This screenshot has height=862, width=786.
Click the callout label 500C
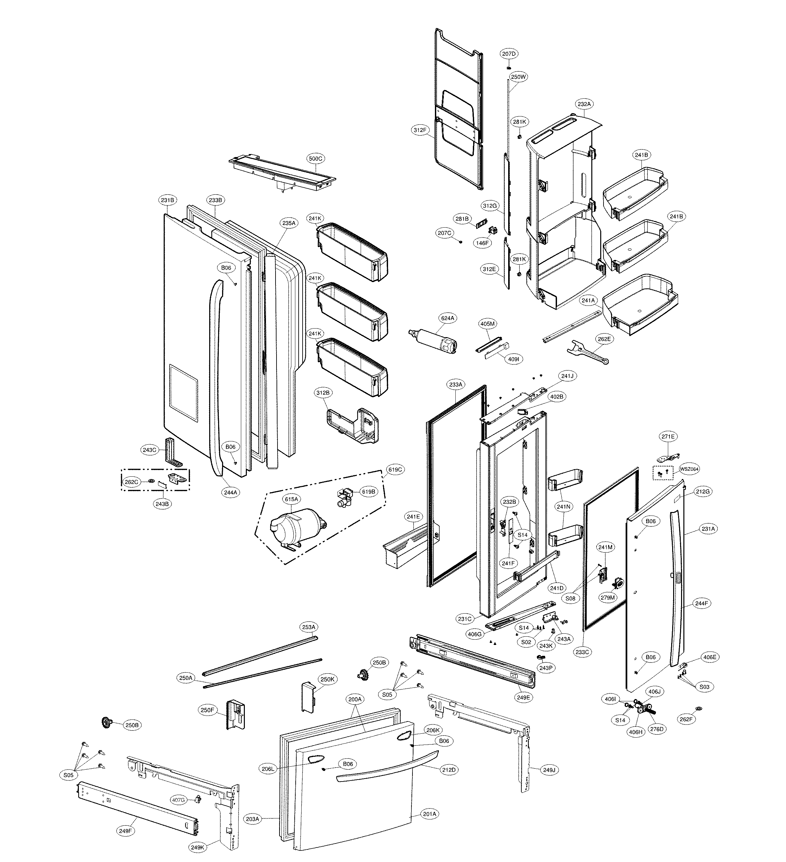pyautogui.click(x=315, y=159)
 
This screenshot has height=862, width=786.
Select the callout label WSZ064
pyautogui.click(x=689, y=469)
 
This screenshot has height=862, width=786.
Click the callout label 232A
pyautogui.click(x=584, y=104)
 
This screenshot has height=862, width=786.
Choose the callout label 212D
pyautogui.click(x=448, y=770)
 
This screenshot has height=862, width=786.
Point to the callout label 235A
pyautogui.click(x=289, y=223)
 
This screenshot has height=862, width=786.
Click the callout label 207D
pyautogui.click(x=509, y=54)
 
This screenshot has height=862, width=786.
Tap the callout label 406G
pyautogui.click(x=475, y=634)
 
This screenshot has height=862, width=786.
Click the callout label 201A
pyautogui.click(x=429, y=814)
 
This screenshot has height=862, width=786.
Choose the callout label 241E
pyautogui.click(x=413, y=517)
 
